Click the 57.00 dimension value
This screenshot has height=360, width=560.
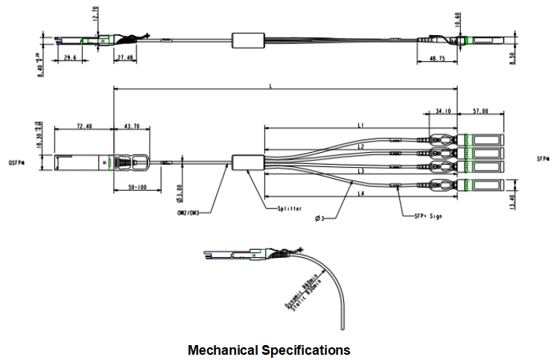pos(481,113)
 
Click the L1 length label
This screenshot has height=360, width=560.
pos(360,125)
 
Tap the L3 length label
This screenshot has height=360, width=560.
pos(360,171)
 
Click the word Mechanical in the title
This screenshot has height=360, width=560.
pos(223,349)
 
